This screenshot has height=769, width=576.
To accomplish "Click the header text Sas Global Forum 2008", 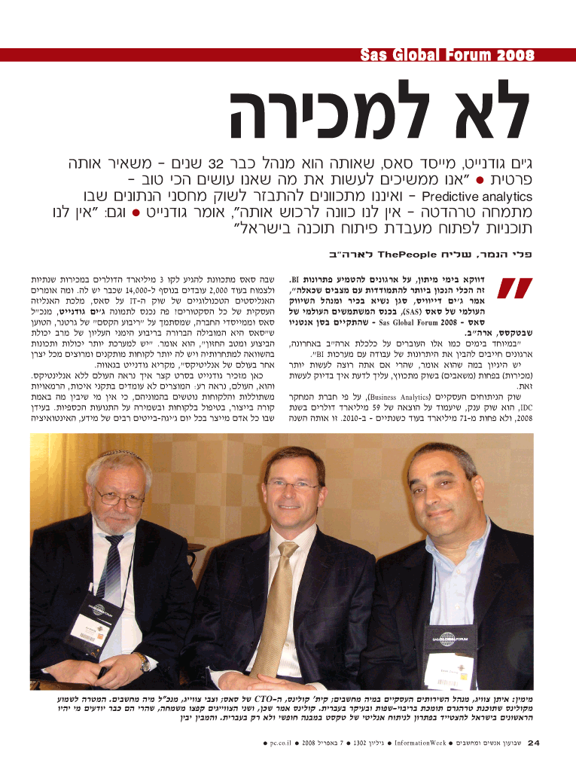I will click(447, 56).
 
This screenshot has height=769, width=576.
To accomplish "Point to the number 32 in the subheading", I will click(218, 163).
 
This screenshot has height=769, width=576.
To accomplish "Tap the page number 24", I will click(534, 744).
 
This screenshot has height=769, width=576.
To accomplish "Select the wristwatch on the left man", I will click(142, 662).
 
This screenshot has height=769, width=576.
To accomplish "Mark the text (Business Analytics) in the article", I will click(403, 393).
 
